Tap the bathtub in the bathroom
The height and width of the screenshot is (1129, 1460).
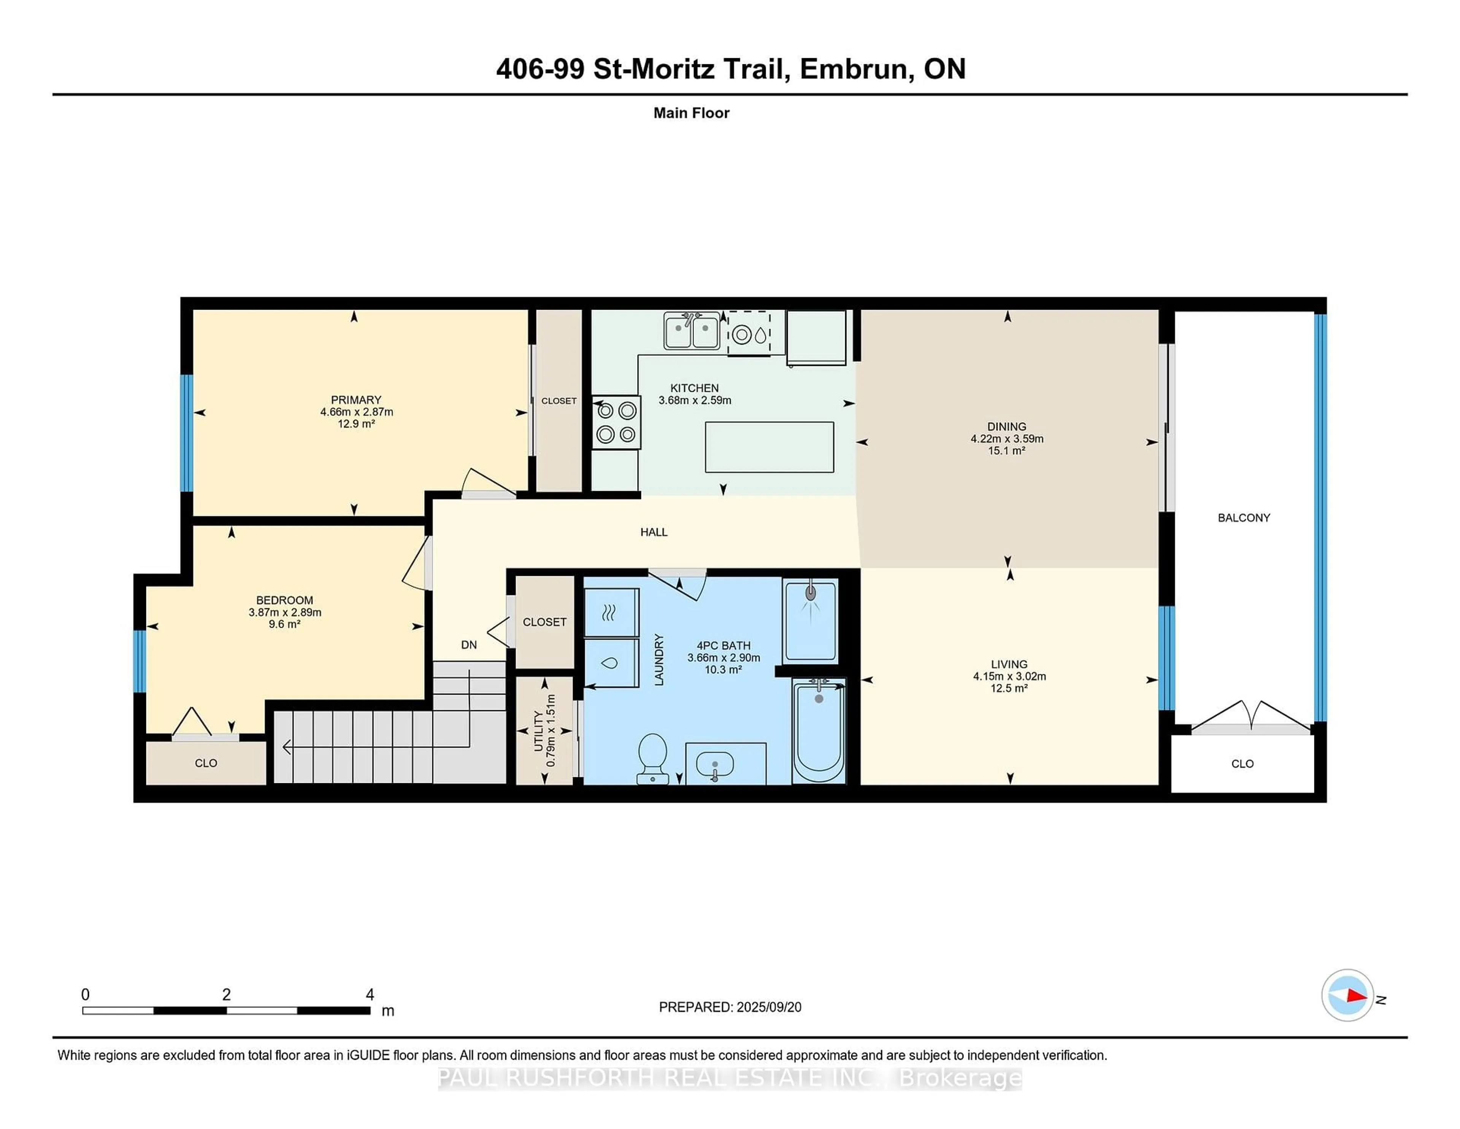819,730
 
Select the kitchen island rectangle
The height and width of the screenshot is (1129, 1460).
770,447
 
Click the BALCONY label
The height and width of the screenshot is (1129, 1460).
1243,518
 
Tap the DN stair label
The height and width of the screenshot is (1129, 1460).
469,645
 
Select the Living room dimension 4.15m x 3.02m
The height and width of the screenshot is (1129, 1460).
1009,676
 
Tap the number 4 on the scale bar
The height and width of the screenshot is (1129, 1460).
370,995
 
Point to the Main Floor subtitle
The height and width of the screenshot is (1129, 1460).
691,113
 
